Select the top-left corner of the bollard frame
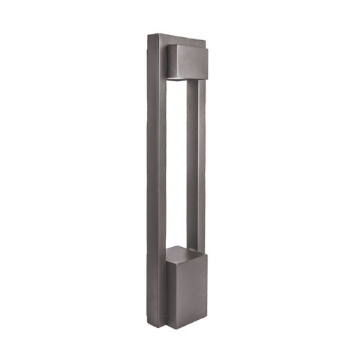point(147,35)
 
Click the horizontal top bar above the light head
point(179,39)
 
